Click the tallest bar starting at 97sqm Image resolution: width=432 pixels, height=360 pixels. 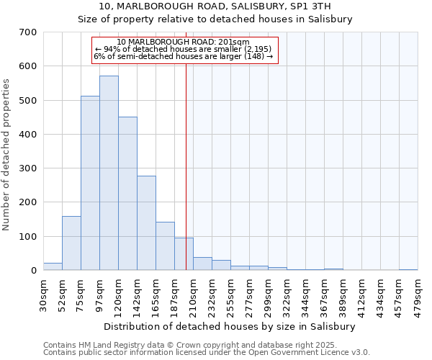(109, 173)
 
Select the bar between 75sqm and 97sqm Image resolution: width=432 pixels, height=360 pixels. (90, 183)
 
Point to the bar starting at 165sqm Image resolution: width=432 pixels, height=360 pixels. (165, 246)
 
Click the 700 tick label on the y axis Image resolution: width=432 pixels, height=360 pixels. (28, 32)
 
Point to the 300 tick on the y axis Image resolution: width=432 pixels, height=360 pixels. (28, 168)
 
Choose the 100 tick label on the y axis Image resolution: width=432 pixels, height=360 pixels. (28, 237)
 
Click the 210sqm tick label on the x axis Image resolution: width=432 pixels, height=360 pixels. (193, 293)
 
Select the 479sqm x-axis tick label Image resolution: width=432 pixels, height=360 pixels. (418, 293)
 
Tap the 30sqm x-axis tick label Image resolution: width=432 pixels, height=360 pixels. (43, 293)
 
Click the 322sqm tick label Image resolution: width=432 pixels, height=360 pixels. (287, 293)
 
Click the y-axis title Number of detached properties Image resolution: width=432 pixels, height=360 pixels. (7, 156)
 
